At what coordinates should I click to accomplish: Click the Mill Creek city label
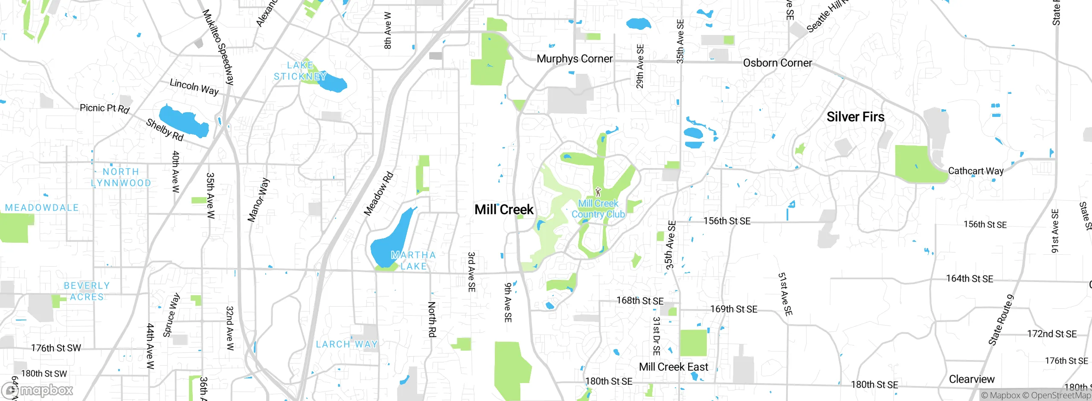(x=504, y=209)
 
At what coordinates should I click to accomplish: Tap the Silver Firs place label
(x=855, y=117)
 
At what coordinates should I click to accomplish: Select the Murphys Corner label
(x=574, y=59)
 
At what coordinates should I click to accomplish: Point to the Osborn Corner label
(x=777, y=63)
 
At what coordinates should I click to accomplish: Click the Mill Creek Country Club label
(x=598, y=209)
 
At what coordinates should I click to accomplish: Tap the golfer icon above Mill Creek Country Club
(x=598, y=192)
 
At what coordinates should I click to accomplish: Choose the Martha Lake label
(x=413, y=260)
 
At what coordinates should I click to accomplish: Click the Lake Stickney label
(x=300, y=71)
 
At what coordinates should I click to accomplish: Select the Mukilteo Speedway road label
(x=218, y=47)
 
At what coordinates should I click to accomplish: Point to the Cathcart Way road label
(x=976, y=171)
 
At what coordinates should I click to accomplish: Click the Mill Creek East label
(x=673, y=367)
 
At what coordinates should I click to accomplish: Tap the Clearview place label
(x=971, y=379)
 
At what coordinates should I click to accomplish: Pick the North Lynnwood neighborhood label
(x=121, y=177)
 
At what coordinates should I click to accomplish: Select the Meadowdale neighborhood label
(x=42, y=208)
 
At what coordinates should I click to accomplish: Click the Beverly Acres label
(x=87, y=291)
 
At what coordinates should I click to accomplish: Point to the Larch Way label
(x=347, y=344)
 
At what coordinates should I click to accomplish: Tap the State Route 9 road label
(x=1001, y=320)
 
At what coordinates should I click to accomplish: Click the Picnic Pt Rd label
(x=105, y=108)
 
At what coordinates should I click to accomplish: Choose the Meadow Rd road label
(x=378, y=194)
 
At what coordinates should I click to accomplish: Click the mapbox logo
(x=38, y=390)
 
